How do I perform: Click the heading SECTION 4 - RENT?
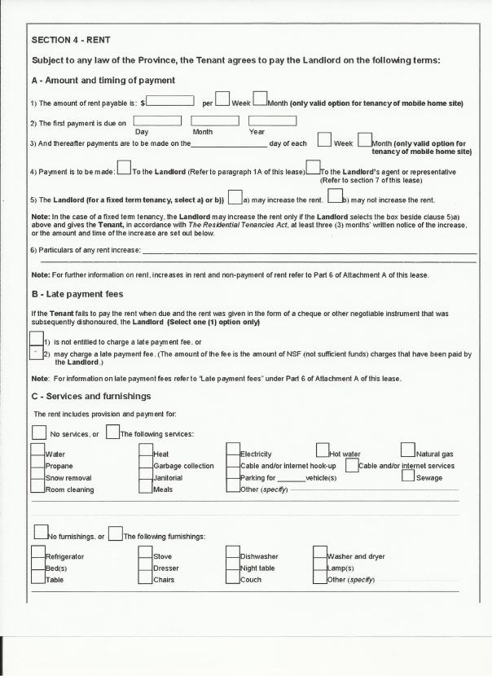point(70,39)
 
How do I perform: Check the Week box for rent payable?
point(222,99)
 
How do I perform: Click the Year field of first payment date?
point(272,121)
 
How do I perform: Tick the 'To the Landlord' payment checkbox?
point(124,169)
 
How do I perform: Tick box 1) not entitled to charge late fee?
point(36,340)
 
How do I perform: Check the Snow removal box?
point(37,477)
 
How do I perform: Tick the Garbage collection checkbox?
point(146,466)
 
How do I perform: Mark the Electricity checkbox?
point(233,453)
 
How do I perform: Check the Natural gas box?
point(407,450)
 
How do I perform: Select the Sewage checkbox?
point(409,476)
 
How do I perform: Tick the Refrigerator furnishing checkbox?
point(37,555)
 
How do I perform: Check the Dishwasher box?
point(233,555)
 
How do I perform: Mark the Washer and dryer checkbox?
point(320,555)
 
